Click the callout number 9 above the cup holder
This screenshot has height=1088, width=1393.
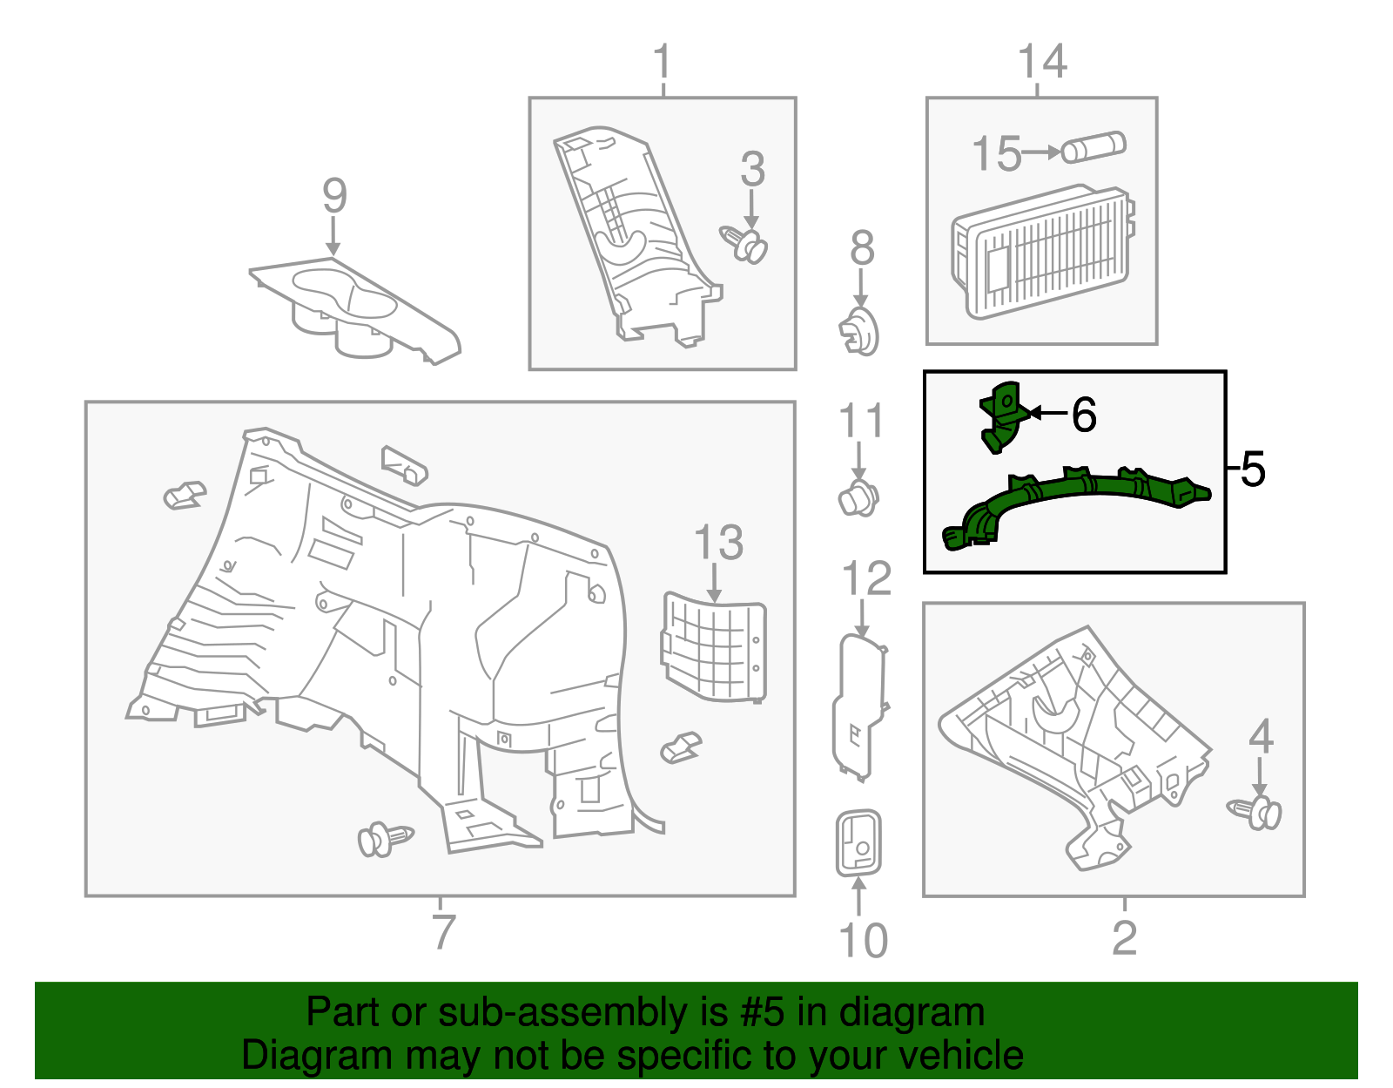(x=334, y=196)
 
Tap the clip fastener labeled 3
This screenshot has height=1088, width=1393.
(x=744, y=243)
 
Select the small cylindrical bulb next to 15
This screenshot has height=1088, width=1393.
(x=1094, y=147)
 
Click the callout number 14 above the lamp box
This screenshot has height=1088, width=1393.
(x=1041, y=63)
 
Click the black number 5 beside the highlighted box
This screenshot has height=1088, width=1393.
(x=1252, y=470)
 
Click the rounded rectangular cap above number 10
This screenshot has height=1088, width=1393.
(x=858, y=843)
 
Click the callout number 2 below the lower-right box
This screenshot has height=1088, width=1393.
(x=1124, y=937)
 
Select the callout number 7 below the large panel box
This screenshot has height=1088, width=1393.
(x=443, y=931)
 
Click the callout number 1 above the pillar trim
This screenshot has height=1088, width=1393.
(x=663, y=62)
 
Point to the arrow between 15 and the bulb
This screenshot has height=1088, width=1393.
(x=1041, y=152)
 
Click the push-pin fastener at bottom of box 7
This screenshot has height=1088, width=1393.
(x=384, y=839)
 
